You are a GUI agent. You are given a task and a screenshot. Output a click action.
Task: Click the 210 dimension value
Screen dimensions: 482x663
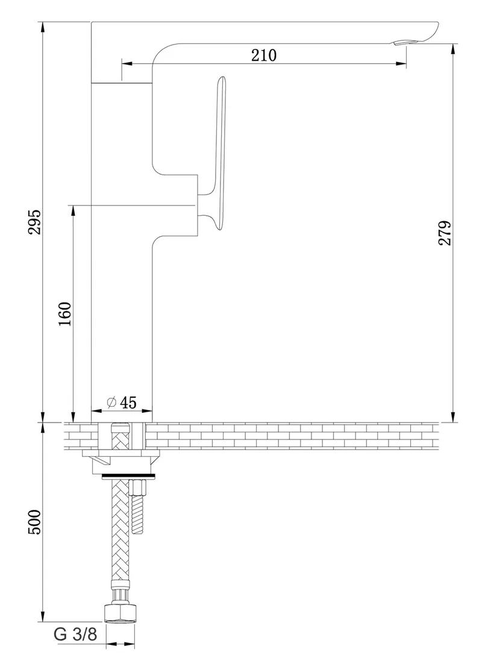(x=264, y=55)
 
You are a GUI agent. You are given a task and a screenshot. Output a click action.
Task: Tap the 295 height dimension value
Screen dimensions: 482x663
(x=36, y=222)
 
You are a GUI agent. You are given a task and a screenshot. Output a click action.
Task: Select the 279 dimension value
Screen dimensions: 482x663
(x=445, y=233)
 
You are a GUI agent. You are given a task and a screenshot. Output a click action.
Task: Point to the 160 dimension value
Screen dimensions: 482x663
(x=66, y=314)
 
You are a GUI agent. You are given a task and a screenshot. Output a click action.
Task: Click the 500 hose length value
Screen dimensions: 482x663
(x=36, y=522)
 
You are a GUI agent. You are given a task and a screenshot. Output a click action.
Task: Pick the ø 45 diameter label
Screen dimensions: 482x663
(x=122, y=402)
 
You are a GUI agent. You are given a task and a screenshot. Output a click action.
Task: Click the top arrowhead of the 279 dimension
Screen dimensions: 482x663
(x=453, y=49)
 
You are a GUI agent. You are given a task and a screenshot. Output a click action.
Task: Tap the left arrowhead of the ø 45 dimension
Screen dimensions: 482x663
(x=97, y=410)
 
